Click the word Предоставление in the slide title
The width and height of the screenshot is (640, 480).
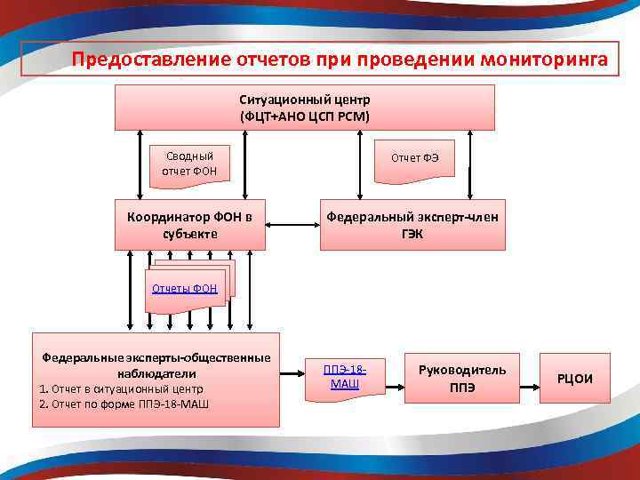151,60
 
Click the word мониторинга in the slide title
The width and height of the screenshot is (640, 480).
544,60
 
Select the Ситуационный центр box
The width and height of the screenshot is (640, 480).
304,108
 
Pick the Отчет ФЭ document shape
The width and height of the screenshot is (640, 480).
413,159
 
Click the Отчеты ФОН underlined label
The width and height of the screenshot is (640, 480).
184,288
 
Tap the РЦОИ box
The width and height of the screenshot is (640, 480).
574,379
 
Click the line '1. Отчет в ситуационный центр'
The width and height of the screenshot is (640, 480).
121,389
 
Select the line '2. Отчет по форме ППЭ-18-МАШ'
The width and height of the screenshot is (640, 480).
124,404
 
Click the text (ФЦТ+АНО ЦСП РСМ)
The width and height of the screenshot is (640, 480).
304,116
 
